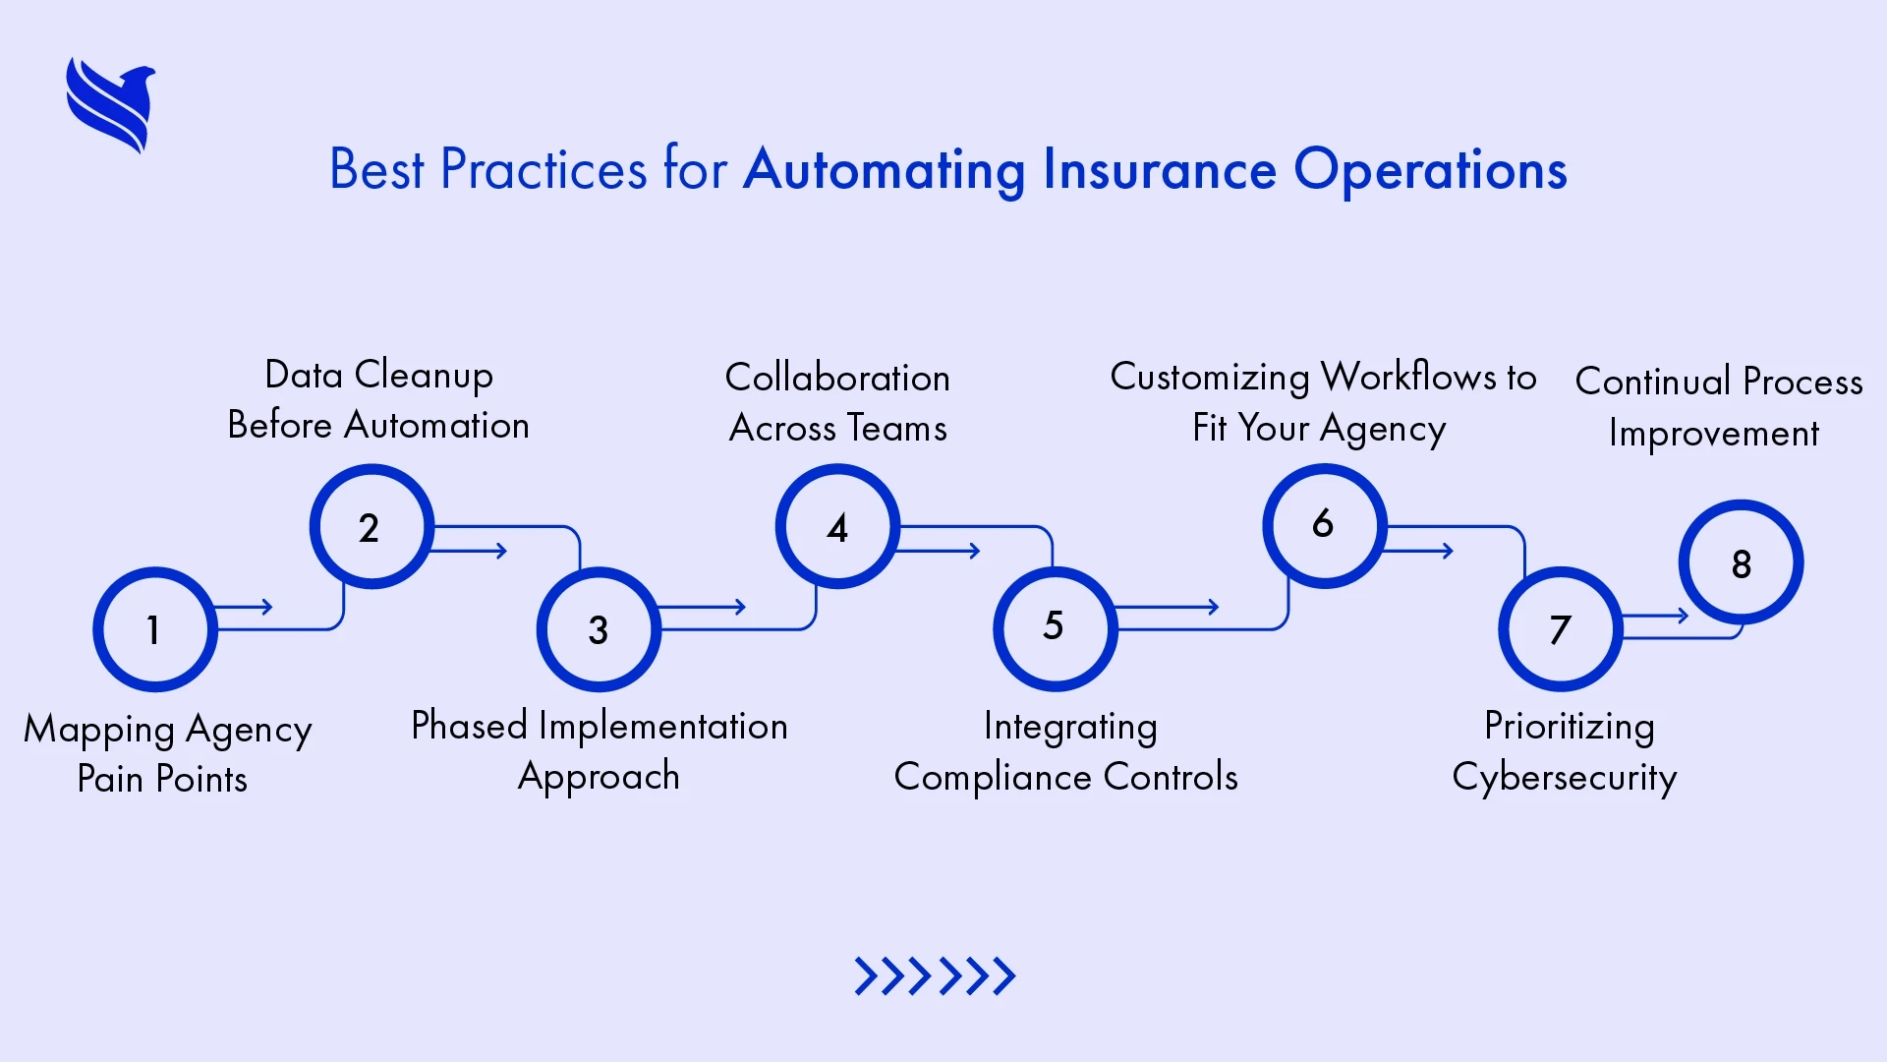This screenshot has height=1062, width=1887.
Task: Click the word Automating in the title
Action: click(x=884, y=170)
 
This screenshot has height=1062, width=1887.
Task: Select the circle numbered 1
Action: click(x=154, y=629)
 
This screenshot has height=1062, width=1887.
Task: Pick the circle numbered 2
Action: click(x=371, y=527)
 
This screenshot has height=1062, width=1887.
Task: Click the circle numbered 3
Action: click(x=599, y=629)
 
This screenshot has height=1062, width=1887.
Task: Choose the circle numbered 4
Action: click(x=837, y=527)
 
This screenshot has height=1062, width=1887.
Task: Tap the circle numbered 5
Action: click(x=1055, y=627)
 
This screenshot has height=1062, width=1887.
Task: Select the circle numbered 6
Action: click(x=1324, y=525)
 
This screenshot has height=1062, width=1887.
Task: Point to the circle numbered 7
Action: click(x=1560, y=629)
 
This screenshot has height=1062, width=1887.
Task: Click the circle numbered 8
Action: click(x=1741, y=563)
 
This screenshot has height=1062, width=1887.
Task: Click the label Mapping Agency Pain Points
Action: click(x=166, y=753)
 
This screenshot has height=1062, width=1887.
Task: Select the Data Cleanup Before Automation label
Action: click(x=378, y=400)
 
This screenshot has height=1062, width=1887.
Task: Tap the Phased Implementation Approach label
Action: click(x=599, y=751)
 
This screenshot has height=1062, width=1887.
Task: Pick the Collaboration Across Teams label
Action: click(x=837, y=402)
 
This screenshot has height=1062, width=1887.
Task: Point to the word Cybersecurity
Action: click(x=1564, y=778)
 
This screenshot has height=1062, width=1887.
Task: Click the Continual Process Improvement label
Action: click(x=1717, y=406)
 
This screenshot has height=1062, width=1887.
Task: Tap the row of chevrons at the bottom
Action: click(x=935, y=976)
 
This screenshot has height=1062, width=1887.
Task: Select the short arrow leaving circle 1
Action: click(x=244, y=607)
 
